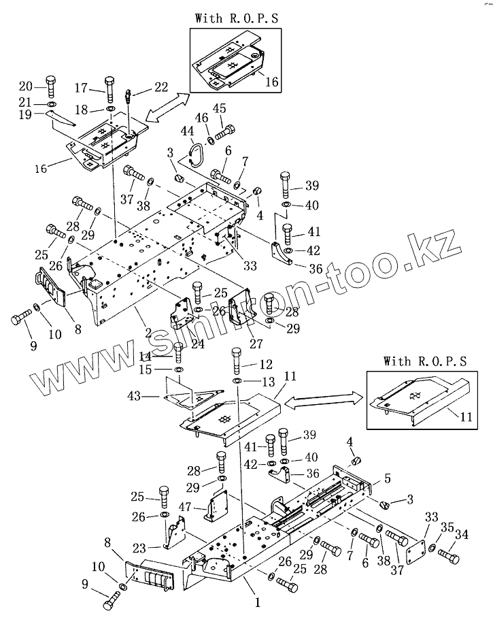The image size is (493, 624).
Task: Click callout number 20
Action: point(25,86)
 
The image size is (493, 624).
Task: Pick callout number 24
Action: point(197,344)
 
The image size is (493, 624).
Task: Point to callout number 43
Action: point(133,396)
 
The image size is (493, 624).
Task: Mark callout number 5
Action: point(388,478)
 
